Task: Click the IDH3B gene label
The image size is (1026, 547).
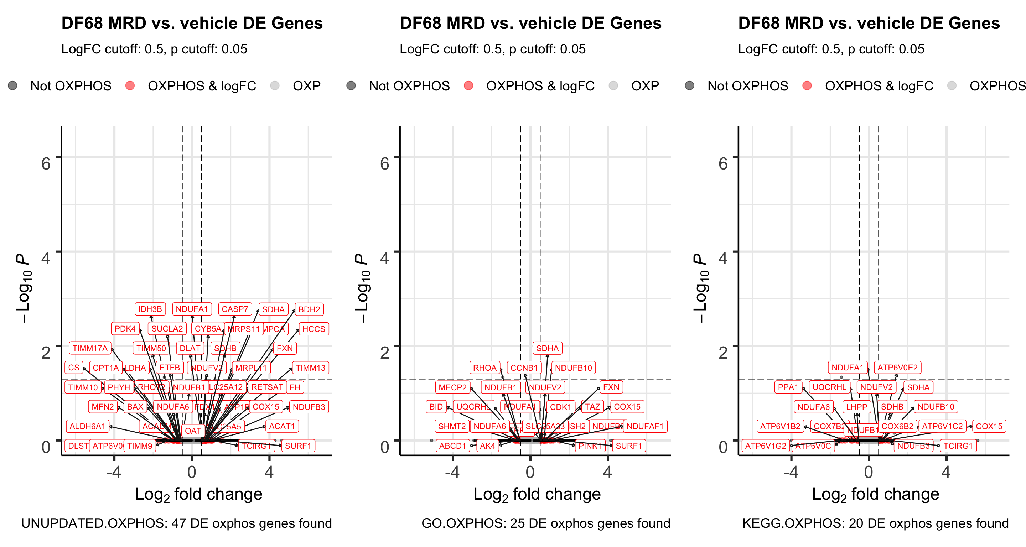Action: click(150, 309)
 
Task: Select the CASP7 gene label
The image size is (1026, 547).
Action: click(235, 309)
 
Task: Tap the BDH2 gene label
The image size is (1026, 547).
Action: click(309, 309)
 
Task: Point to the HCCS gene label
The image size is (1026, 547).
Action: click(314, 329)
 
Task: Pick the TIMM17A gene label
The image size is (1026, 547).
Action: click(90, 348)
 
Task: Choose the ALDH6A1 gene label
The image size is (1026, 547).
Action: click(87, 426)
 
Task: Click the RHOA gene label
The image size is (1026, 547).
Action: click(485, 368)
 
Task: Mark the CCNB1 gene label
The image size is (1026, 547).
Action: click(524, 368)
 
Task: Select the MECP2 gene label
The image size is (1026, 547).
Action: click(452, 387)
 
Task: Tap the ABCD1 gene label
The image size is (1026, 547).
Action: click(452, 446)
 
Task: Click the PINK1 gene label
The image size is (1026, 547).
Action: click(590, 446)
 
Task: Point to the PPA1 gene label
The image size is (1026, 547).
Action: click(788, 387)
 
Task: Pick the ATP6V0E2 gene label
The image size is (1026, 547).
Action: click(897, 367)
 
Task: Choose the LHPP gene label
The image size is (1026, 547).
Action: click(857, 406)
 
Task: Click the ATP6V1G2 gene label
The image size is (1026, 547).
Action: click(766, 446)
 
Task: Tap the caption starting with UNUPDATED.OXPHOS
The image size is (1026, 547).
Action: click(176, 523)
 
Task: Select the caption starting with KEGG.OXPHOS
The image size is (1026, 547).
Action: click(875, 523)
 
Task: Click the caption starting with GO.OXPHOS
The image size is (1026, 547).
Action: click(546, 523)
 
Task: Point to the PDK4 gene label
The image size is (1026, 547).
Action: click(125, 328)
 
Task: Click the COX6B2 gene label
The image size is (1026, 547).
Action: click(897, 426)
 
